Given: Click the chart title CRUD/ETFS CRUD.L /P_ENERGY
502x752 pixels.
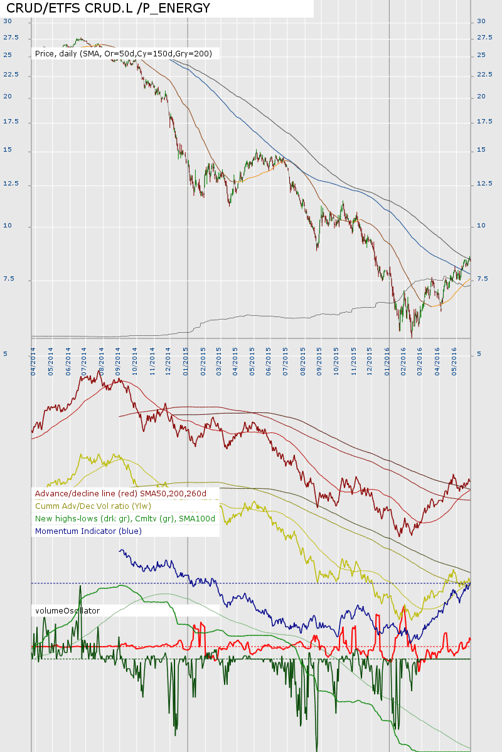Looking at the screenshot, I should coord(108,8).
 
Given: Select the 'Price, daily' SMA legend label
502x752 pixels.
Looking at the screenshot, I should coord(124,54).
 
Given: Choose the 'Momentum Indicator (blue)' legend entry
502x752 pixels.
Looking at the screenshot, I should coord(88,531).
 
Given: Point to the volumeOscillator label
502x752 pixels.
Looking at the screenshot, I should coord(67,610).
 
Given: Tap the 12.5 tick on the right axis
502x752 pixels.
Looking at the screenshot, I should coord(485,184).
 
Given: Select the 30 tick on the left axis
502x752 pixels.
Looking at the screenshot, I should coord(7,21).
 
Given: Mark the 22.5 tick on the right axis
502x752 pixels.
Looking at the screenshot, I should coord(485,75).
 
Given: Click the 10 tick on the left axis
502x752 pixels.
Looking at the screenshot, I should coord(7,226).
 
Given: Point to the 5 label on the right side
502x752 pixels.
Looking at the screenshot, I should coord(479,354).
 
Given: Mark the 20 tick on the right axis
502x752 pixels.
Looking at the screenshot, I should coord(481,97).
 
